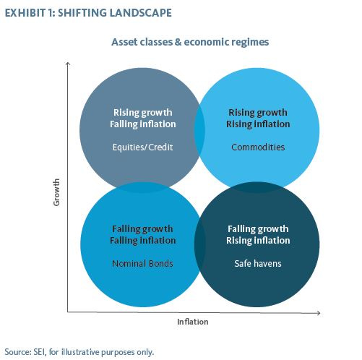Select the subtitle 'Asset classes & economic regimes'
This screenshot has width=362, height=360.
click(x=190, y=42)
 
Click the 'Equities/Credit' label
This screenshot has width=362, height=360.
click(x=142, y=147)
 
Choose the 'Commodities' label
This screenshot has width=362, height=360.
click(x=258, y=147)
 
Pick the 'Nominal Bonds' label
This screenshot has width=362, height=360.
click(x=142, y=263)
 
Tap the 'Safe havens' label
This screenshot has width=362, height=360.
click(x=259, y=263)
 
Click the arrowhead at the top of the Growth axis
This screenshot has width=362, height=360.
click(x=67, y=64)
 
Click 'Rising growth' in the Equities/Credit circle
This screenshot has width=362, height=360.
click(x=142, y=113)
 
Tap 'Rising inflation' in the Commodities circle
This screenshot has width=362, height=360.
click(x=258, y=124)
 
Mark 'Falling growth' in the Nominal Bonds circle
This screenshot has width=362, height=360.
click(x=142, y=228)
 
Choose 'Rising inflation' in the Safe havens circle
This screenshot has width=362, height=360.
click(x=259, y=240)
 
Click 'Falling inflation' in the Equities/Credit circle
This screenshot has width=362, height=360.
click(x=142, y=124)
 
